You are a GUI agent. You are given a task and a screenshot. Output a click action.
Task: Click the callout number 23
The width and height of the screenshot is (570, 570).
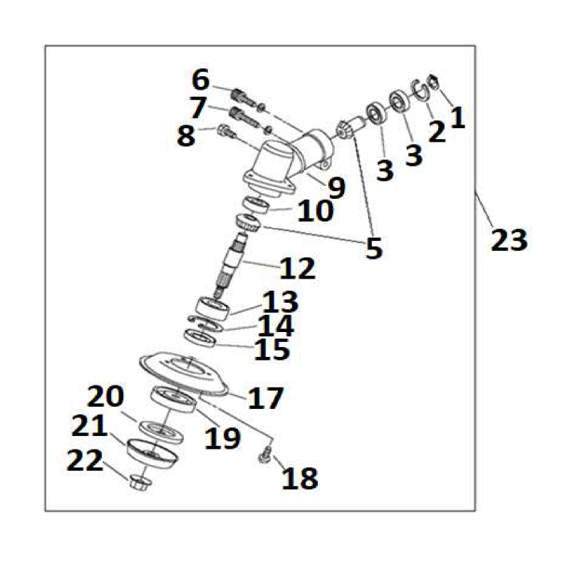[509, 240]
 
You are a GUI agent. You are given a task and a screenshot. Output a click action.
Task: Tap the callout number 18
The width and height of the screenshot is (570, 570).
[300, 478]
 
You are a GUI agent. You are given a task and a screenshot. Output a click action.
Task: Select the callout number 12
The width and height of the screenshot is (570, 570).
[297, 269]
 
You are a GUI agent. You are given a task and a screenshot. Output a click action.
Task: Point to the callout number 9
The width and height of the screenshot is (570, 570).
[336, 187]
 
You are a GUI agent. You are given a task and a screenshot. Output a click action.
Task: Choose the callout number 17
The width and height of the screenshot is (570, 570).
[265, 398]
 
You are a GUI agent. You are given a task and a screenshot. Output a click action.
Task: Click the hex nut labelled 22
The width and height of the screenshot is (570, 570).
[140, 483]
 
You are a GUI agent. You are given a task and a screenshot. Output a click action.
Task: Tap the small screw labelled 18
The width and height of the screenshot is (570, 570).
[265, 455]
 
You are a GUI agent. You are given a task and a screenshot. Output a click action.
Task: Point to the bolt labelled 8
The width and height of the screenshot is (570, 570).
[226, 131]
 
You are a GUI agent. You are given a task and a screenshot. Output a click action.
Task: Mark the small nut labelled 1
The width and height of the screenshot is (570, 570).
[435, 82]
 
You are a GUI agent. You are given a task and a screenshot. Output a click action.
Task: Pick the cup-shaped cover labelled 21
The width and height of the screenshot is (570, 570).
[152, 454]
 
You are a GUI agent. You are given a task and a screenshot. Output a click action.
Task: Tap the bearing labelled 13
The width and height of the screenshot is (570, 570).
[212, 309]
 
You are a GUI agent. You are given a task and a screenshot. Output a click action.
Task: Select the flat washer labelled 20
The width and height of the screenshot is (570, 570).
[161, 432]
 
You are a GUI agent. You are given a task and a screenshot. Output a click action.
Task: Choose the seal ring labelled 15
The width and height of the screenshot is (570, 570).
[200, 338]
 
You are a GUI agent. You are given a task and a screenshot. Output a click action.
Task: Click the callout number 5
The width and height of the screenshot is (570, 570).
[374, 248]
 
